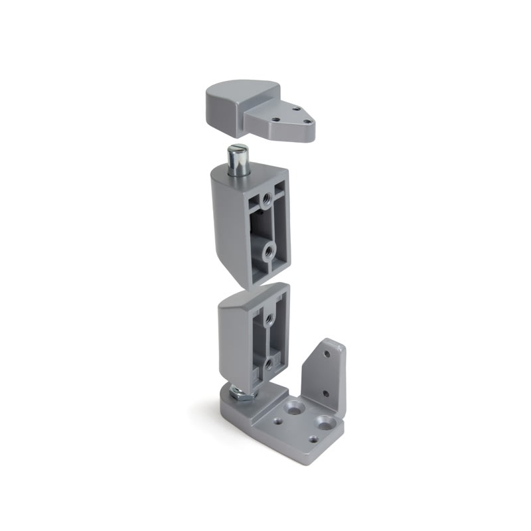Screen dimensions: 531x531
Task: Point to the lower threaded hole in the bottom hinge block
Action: [x=268, y=364]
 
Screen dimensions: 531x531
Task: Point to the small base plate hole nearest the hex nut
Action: [x=274, y=418]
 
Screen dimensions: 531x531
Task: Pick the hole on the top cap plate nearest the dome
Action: [x=273, y=115]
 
